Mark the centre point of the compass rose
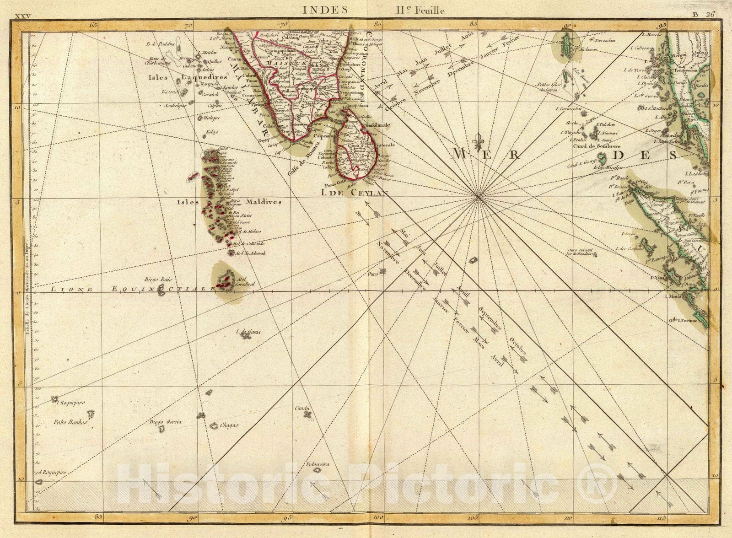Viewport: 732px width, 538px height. (477, 197)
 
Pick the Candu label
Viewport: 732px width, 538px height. (302, 408)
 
